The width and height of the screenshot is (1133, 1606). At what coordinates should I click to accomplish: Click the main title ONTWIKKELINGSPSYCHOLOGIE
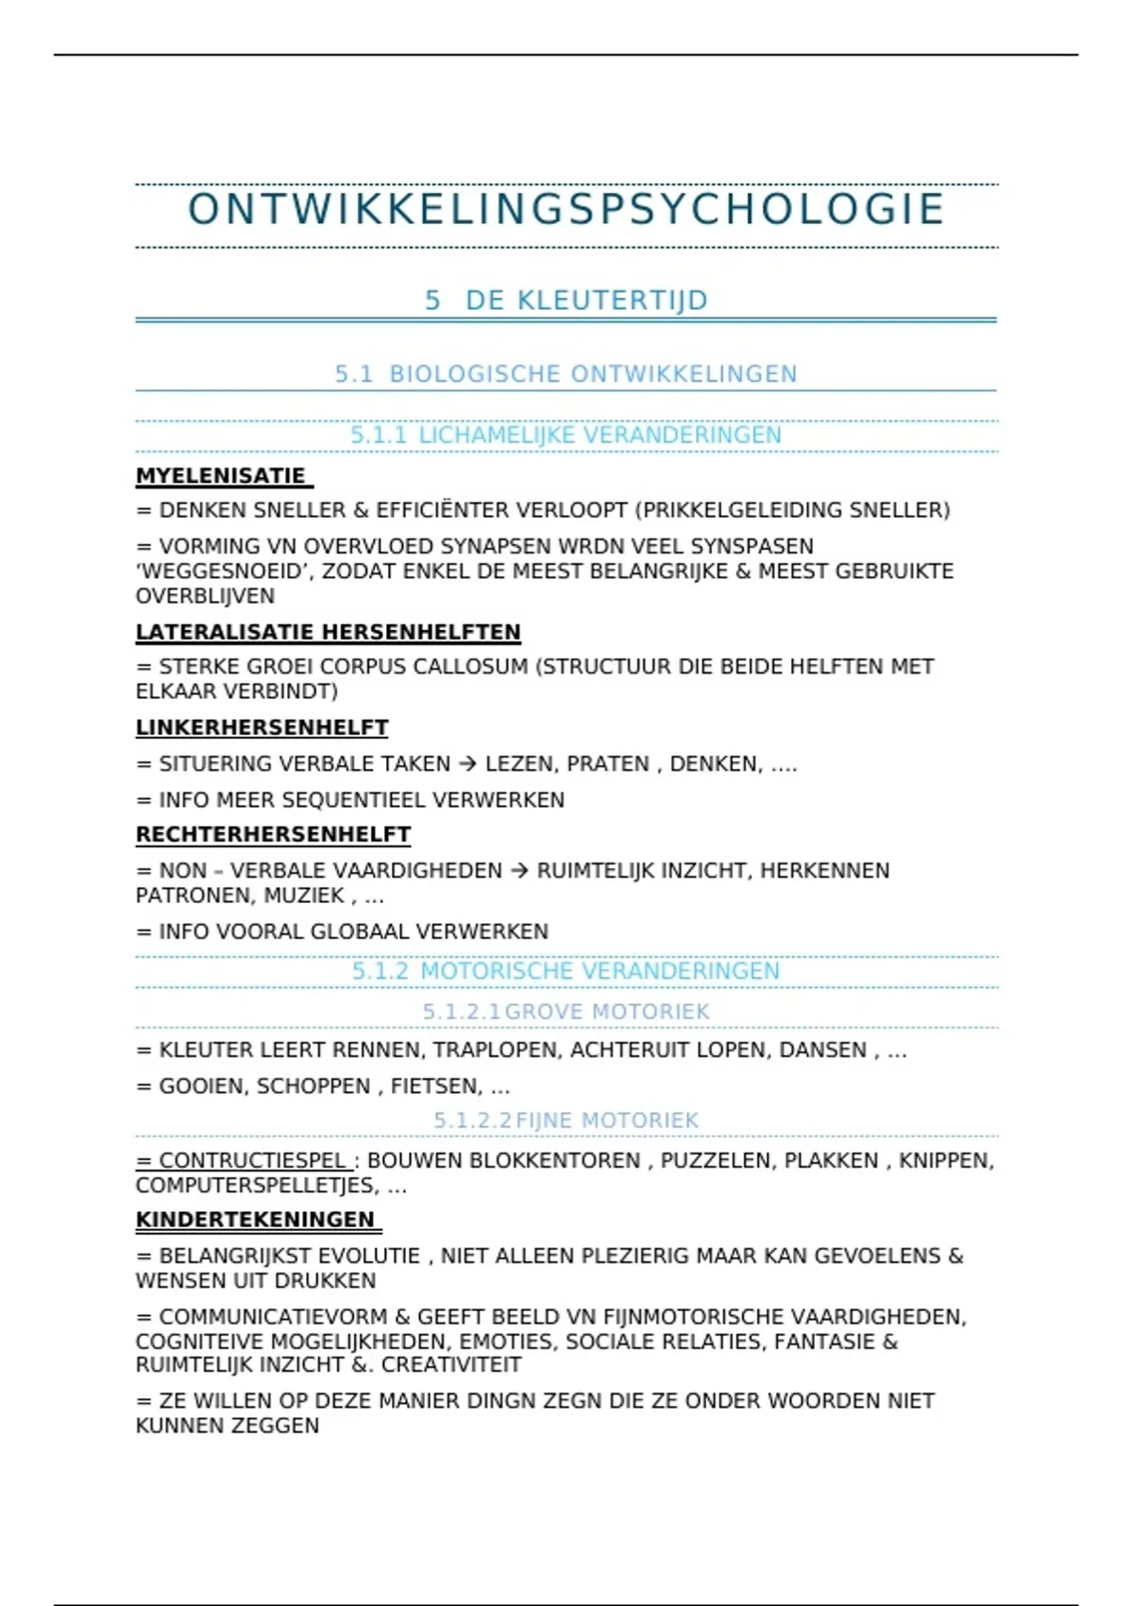click(566, 210)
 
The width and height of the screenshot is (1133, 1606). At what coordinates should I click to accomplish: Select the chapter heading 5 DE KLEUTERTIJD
click(566, 300)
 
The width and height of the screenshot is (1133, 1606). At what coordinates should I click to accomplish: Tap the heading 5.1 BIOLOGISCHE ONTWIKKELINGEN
click(566, 374)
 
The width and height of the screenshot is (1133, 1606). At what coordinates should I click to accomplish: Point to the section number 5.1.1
click(379, 436)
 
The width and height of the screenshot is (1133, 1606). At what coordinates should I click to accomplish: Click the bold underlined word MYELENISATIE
click(221, 476)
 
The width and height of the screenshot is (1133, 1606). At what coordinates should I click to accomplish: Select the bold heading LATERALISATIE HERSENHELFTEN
click(328, 632)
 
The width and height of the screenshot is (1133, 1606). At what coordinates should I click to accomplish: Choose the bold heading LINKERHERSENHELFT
click(262, 728)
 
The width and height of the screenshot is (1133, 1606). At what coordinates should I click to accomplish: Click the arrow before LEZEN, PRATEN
click(467, 764)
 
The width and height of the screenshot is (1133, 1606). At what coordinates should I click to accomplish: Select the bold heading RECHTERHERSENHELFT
click(273, 835)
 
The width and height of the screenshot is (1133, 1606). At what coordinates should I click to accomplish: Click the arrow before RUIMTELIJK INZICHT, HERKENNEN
click(519, 871)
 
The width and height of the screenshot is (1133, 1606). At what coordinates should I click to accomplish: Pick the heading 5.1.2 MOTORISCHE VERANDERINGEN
click(566, 971)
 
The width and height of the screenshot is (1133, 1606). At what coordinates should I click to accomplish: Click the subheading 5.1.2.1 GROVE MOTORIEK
click(566, 1012)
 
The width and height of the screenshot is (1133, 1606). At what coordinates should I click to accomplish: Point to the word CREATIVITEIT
click(451, 1365)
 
